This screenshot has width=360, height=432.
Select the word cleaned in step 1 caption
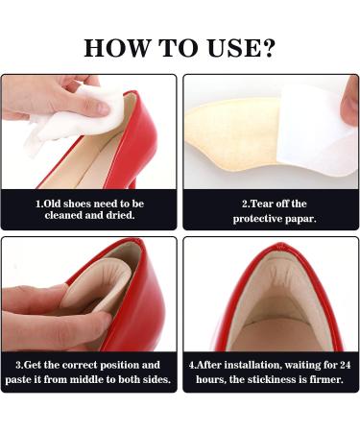click(70, 217)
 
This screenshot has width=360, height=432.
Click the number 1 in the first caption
click(38, 204)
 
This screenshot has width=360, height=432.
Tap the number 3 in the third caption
click(19, 366)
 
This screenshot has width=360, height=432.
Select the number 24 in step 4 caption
click(337, 366)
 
